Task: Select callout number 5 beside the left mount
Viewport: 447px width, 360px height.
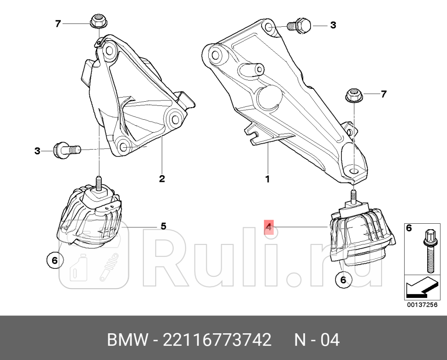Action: pos(163,226)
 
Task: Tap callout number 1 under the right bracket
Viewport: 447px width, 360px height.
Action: pos(268,179)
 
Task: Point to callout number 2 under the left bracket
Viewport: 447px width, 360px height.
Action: pos(162,179)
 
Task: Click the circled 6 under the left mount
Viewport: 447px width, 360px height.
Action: pos(54,261)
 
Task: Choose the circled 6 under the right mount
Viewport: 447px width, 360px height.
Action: pos(343,279)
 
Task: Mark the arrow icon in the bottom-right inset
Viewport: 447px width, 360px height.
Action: pos(420,289)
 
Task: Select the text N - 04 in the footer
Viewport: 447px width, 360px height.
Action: pos(317,340)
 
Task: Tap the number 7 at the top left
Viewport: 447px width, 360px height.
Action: pos(58,24)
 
